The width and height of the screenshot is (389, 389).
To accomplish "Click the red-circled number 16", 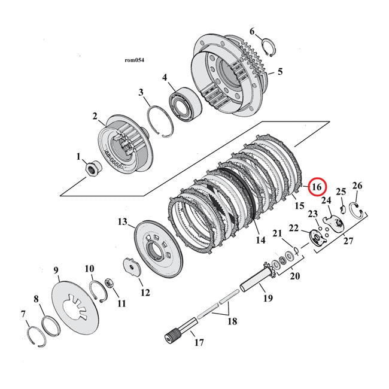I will (x=317, y=187).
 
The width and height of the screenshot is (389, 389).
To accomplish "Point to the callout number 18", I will (x=232, y=321).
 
